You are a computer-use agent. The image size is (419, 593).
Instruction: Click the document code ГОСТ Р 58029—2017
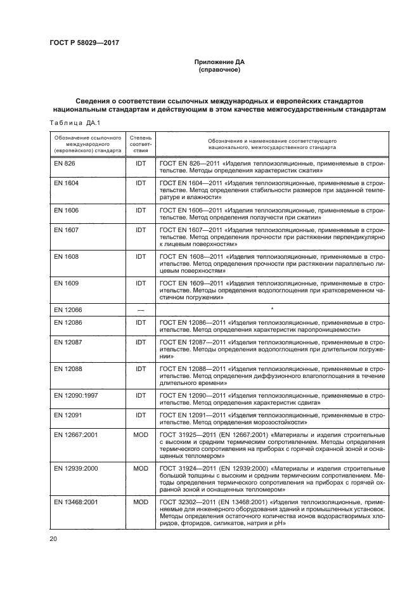pos(84,43)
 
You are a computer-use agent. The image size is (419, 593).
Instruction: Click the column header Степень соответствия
pos(141,144)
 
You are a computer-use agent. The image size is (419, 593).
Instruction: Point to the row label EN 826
pos(65,164)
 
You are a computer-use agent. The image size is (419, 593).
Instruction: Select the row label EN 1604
pos(67,183)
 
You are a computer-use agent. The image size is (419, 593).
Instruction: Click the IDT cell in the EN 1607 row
pos(141,230)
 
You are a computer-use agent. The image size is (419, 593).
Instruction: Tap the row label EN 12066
pos(69,310)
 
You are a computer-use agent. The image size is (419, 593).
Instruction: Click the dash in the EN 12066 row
pos(141,310)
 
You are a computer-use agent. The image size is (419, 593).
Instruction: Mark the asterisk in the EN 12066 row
pos(272,309)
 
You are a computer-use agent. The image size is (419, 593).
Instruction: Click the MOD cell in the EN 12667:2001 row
pos(141,434)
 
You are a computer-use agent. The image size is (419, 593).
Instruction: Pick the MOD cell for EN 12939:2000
pos(141,468)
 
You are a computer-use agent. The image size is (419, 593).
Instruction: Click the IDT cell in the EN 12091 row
pos(141,415)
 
